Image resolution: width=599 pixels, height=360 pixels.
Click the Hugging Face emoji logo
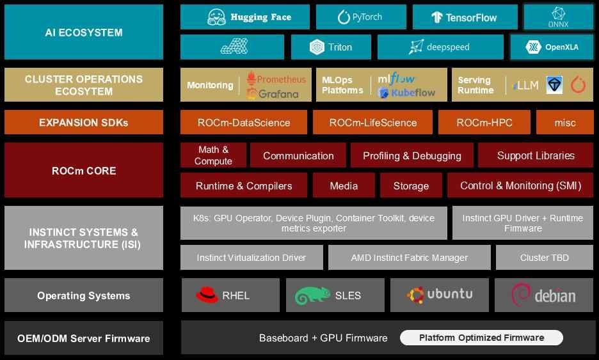tap(216, 17)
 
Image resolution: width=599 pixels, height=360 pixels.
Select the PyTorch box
tap(361, 17)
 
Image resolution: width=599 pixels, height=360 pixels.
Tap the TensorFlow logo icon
tap(436, 17)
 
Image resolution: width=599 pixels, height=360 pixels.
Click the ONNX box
tap(558, 17)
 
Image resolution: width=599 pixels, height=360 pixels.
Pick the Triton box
tap(331, 47)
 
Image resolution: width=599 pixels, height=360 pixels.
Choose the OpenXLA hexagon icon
tap(533, 47)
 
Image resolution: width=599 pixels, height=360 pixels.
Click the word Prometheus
tap(281, 79)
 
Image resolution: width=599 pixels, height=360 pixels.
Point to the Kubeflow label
tap(413, 93)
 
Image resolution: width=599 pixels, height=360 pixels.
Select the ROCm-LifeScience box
tap(372, 122)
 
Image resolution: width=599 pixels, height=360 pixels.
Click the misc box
tap(564, 122)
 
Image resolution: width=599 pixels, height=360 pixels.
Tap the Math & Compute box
tap(213, 155)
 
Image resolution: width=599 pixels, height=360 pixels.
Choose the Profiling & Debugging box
tap(412, 155)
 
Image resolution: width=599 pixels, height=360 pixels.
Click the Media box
tap(344, 185)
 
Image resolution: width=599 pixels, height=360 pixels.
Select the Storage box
tap(411, 185)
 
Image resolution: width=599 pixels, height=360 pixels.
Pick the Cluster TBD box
tap(545, 257)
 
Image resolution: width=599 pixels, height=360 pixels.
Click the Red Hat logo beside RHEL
tap(207, 295)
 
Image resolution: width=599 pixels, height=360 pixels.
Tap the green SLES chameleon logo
tap(312, 295)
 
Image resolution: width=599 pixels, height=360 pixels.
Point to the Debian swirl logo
tap(520, 294)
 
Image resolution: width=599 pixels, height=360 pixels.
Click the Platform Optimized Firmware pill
tap(481, 338)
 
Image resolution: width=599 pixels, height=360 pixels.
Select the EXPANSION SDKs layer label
tap(84, 122)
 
